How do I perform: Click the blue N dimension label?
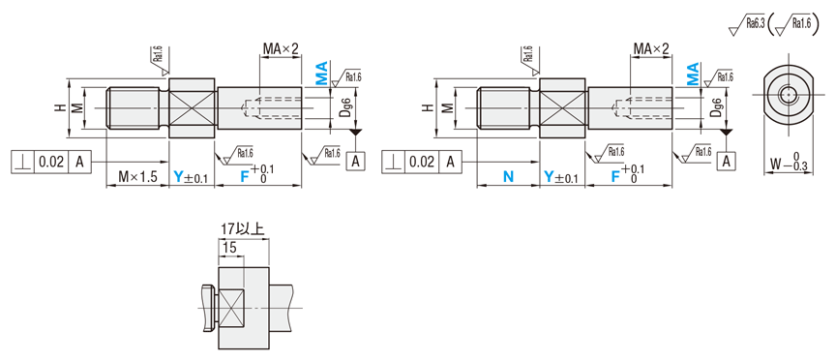pos(509,177)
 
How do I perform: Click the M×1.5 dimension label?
pos(137,177)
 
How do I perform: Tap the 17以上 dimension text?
pos(242,229)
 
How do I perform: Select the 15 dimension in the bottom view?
pos(229,248)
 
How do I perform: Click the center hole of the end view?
pos(787,96)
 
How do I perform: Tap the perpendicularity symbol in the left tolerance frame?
pos(22,162)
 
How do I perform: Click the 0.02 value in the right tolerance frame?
pos(422,162)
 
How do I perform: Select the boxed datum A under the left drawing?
pos(356,162)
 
